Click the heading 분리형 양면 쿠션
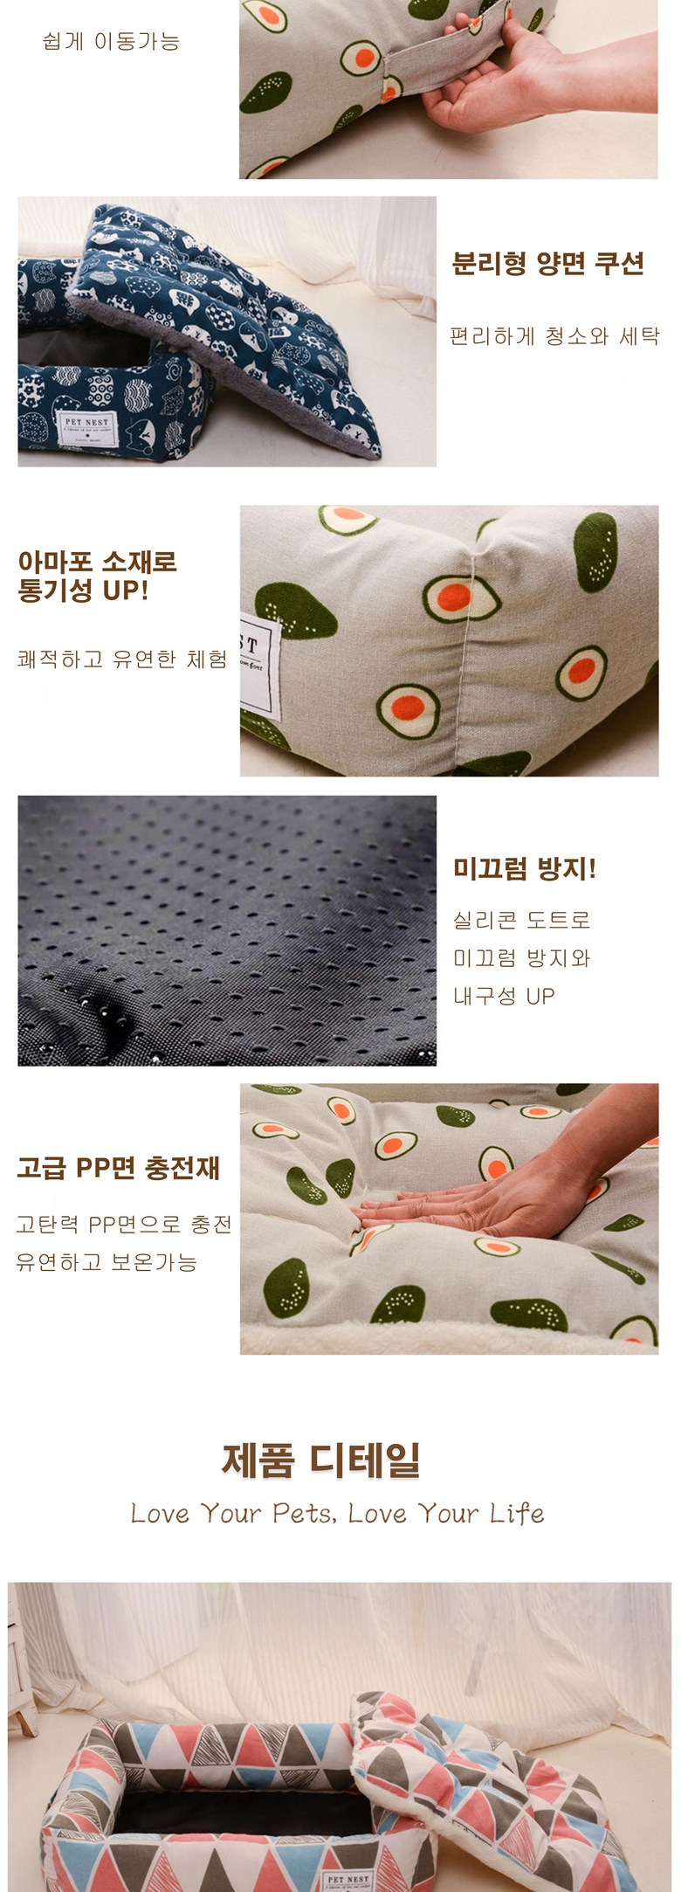(547, 264)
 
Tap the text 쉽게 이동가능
(111, 41)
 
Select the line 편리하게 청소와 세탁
(554, 336)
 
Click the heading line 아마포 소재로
(97, 561)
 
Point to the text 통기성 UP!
(83, 590)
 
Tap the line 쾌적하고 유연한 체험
(122, 659)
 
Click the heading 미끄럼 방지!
(524, 868)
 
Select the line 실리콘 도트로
(521, 920)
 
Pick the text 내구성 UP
(503, 996)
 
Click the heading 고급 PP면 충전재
(118, 1168)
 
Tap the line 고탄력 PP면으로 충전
(124, 1224)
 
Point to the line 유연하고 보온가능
(107, 1262)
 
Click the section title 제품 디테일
(320, 1460)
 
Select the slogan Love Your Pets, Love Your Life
(337, 1513)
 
